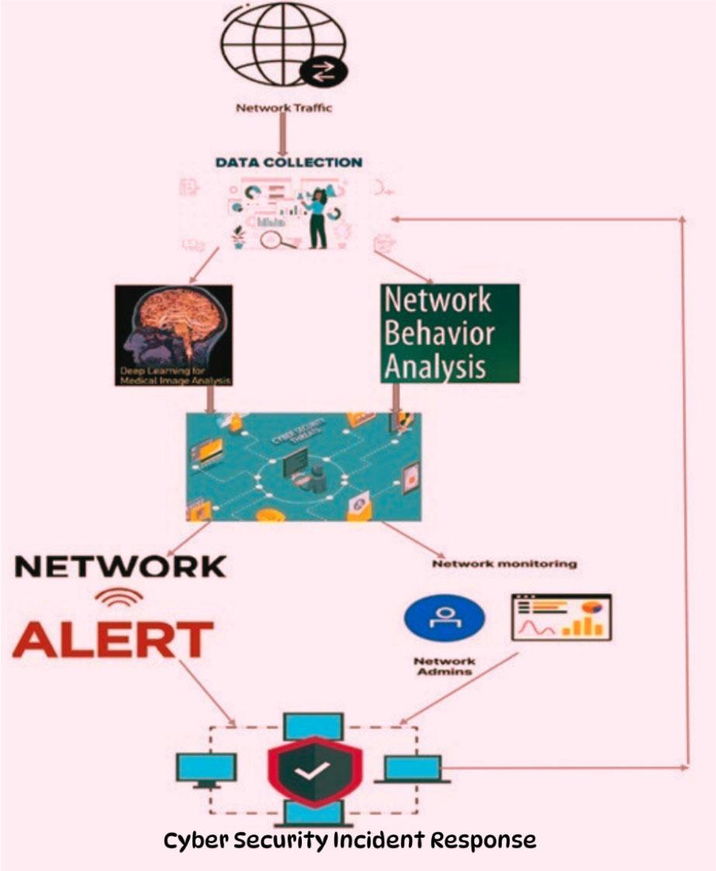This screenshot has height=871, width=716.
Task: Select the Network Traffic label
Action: coord(284,108)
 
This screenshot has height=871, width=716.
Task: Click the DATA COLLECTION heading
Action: coord(289,163)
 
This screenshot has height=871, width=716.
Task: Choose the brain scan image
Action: coord(173,334)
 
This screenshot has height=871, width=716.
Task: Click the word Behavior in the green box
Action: coord(439,334)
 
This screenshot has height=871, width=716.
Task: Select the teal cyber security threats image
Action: coord(303,466)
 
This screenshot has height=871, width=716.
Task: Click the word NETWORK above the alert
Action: coord(120,567)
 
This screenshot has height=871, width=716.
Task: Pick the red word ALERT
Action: coord(113,640)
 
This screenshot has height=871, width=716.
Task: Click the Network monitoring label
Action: coord(504,564)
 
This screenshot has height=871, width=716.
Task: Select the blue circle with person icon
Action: coord(444,617)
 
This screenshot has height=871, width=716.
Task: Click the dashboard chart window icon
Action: coord(561,617)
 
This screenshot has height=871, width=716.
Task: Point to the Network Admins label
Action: coord(444,666)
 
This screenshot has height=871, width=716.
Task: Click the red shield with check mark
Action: coord(314,768)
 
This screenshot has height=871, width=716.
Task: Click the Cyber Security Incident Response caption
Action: coord(349,840)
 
